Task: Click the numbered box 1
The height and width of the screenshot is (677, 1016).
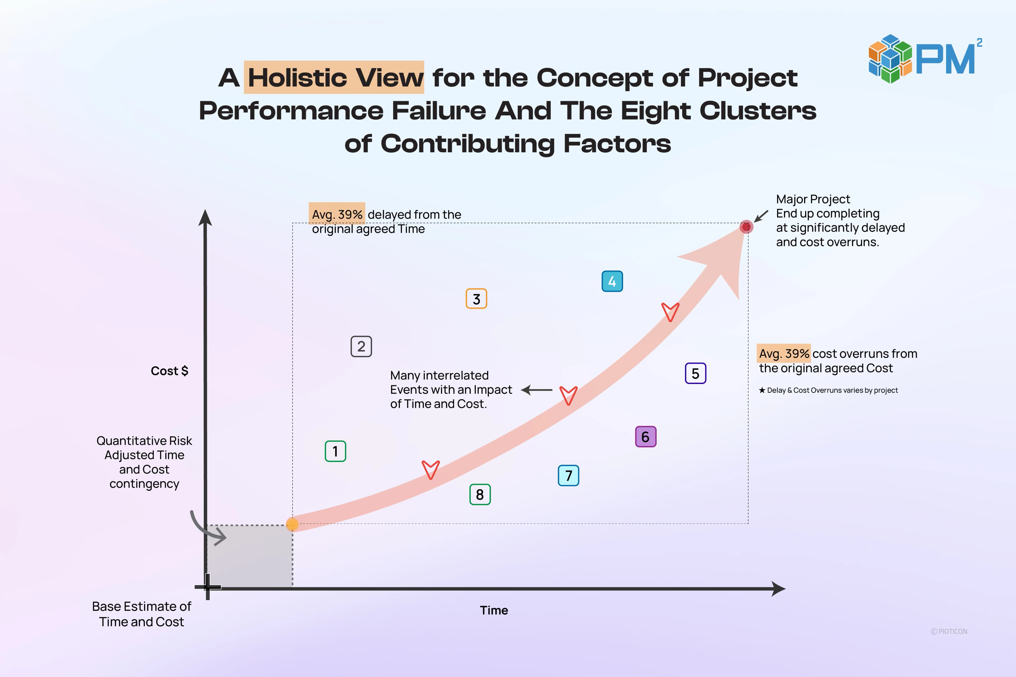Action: [335, 451]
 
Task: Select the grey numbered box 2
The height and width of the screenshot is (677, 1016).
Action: [361, 346]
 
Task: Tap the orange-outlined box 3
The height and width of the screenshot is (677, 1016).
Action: [477, 299]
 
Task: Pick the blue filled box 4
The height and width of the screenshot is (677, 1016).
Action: [612, 281]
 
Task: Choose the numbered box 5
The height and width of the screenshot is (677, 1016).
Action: [696, 373]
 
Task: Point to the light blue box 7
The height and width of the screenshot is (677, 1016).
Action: [569, 475]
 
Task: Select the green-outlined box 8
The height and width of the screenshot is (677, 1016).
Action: [480, 494]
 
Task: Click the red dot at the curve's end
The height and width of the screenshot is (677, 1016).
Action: [746, 227]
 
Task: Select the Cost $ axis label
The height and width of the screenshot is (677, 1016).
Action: [169, 371]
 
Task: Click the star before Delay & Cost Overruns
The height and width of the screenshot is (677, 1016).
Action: [762, 390]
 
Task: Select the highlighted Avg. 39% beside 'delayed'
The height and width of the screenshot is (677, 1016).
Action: [337, 214]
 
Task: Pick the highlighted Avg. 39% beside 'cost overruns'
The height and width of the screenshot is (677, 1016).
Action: [784, 354]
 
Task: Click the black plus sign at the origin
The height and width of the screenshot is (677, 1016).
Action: [208, 587]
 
